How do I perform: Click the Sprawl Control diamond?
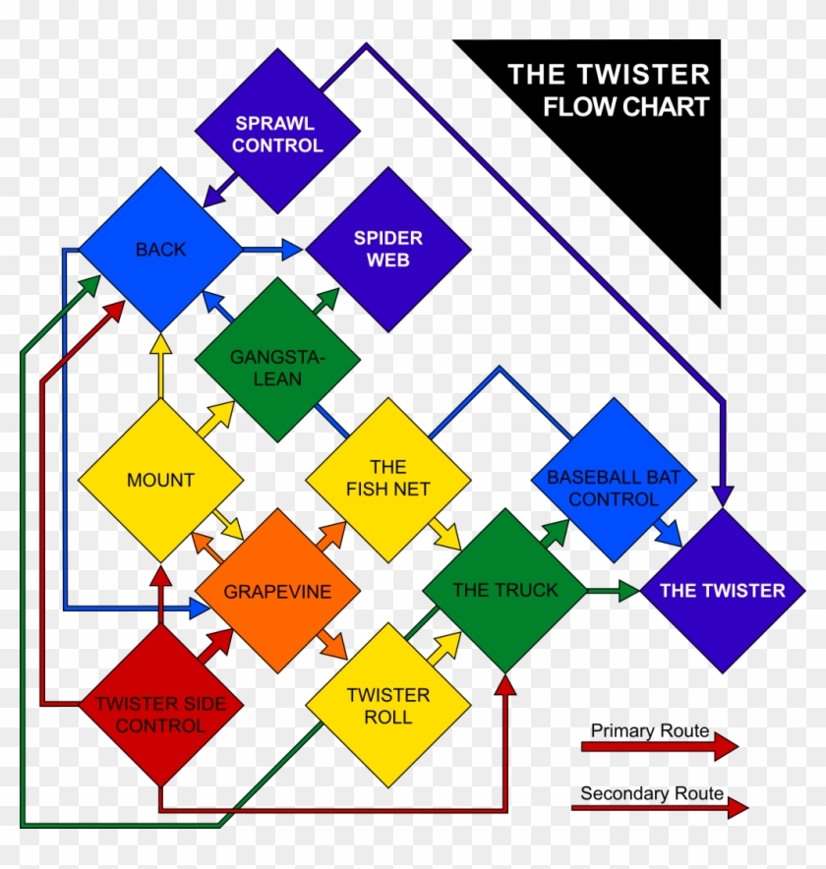(x=277, y=133)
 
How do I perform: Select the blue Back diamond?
(x=160, y=249)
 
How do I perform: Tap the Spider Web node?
(x=387, y=249)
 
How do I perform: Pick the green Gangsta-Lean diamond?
(x=277, y=359)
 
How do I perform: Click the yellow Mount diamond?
(x=160, y=480)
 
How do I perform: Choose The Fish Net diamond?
(x=387, y=478)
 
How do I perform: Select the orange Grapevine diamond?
(x=277, y=591)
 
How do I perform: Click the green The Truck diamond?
(x=504, y=590)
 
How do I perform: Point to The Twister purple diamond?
(x=723, y=591)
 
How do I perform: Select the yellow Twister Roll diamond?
(x=387, y=705)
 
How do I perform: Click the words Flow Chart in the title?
(x=626, y=107)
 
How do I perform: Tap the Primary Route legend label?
(x=649, y=730)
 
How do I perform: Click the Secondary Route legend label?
(x=651, y=793)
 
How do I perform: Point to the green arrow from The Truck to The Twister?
(x=614, y=591)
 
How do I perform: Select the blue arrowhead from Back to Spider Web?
(x=292, y=250)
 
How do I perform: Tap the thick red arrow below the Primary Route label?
(x=659, y=746)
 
